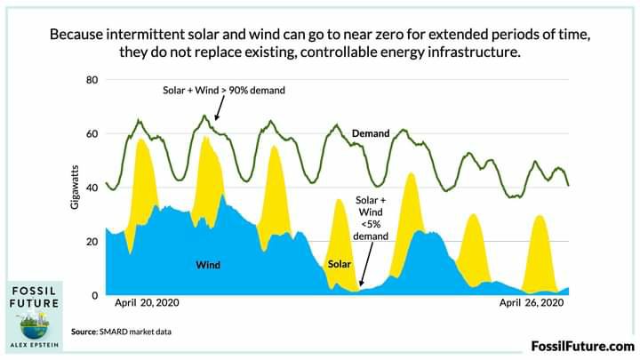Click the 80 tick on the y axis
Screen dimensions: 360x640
click(x=92, y=80)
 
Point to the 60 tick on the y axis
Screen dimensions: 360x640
click(x=92, y=134)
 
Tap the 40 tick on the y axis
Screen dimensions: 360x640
click(x=92, y=188)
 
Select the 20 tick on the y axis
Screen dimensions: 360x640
click(x=92, y=242)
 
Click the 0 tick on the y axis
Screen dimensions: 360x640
click(x=94, y=295)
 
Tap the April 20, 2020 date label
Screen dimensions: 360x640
click(x=148, y=303)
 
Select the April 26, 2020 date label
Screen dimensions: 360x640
click(x=532, y=303)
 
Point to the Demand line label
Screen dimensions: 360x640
click(x=371, y=133)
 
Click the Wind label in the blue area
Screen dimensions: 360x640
click(x=208, y=265)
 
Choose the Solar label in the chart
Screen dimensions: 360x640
click(x=340, y=265)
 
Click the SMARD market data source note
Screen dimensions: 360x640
click(x=122, y=332)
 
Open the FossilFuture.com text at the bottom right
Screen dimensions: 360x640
click(x=583, y=346)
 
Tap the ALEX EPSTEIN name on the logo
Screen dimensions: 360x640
click(x=36, y=340)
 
